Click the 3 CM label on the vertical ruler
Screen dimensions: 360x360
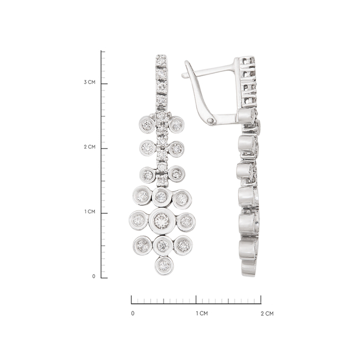[x=89, y=82]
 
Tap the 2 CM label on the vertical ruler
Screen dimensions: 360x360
[x=89, y=147]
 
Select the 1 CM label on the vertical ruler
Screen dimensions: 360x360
[x=90, y=211]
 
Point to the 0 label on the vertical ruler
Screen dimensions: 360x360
[x=94, y=276]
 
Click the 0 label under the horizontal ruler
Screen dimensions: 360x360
[x=133, y=313]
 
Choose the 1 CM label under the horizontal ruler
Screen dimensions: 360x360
[x=202, y=313]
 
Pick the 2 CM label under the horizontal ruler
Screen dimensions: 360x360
[x=267, y=313]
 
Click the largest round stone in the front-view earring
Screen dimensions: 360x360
[x=162, y=221]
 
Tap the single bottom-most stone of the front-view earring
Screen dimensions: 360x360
[x=164, y=266]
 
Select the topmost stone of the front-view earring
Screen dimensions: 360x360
[x=161, y=60]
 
